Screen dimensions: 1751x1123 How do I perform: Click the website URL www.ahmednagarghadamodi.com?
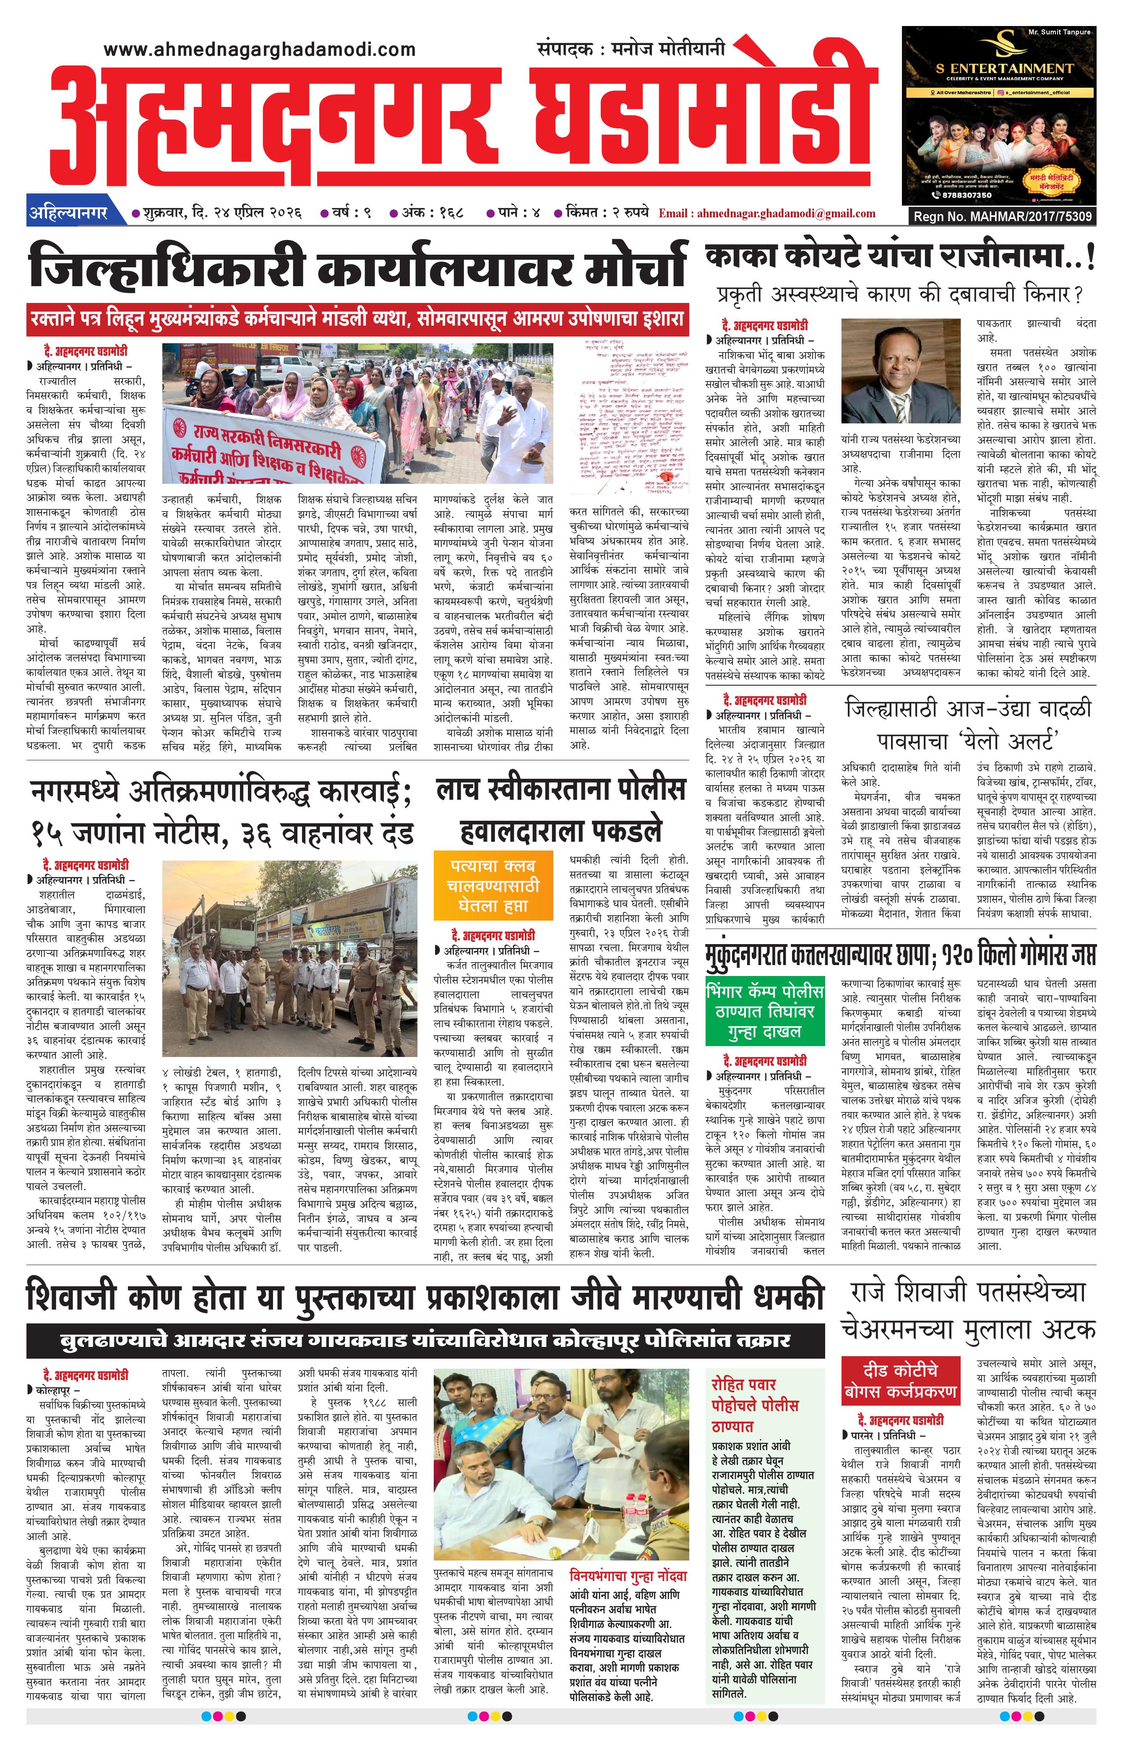(260, 50)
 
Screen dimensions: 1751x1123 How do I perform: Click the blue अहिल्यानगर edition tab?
(68, 213)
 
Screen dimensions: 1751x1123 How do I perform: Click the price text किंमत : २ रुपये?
(607, 214)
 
